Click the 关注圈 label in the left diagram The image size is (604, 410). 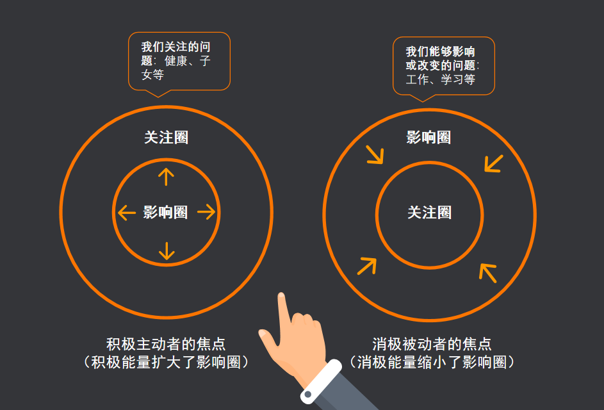point(166,138)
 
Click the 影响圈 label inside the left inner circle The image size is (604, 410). point(165,212)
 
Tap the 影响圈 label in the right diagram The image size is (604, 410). point(429,137)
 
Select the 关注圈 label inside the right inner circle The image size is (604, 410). point(429,212)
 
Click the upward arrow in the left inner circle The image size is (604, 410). point(166,176)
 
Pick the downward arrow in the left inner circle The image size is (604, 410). point(167,250)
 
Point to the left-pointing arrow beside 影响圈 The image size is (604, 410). point(127,212)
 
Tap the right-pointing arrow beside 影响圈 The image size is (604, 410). point(206,212)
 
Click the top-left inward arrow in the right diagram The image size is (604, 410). point(375,154)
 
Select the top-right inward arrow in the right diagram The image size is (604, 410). point(493,163)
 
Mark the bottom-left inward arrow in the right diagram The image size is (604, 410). point(367,265)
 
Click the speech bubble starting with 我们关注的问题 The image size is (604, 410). point(179,61)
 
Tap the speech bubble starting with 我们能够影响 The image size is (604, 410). point(443,66)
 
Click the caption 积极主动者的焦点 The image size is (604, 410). point(166,344)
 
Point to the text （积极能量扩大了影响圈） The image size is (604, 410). point(166,362)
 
